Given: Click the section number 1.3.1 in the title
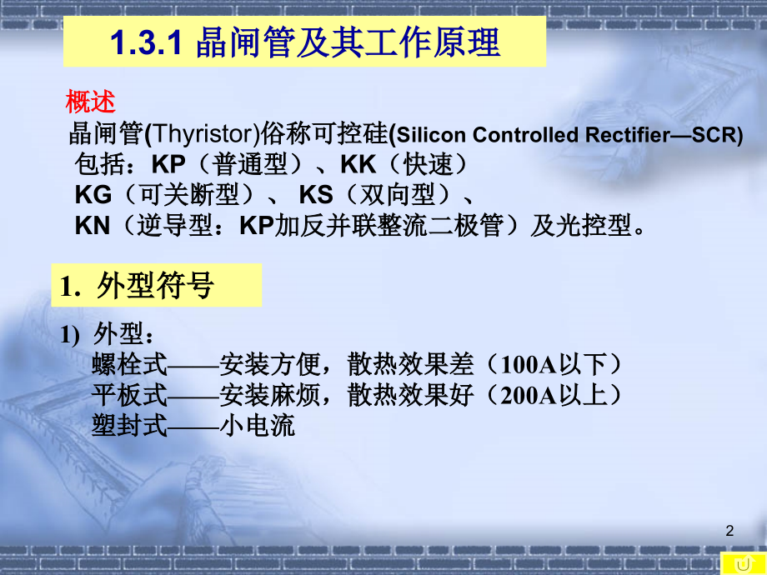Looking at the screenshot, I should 146,43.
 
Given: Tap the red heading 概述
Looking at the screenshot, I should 90,102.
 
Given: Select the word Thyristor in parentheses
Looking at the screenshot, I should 202,133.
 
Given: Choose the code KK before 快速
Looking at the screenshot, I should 358,164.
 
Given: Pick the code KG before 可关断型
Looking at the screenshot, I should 93,195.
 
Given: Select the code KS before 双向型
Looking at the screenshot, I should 316,195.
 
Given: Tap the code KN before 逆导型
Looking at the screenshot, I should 93,226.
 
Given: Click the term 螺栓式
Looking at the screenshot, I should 129,364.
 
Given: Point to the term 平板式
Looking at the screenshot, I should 129,395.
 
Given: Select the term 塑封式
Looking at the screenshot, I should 129,426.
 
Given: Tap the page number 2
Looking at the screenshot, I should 730,530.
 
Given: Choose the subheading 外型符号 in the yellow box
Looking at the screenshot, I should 155,286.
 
